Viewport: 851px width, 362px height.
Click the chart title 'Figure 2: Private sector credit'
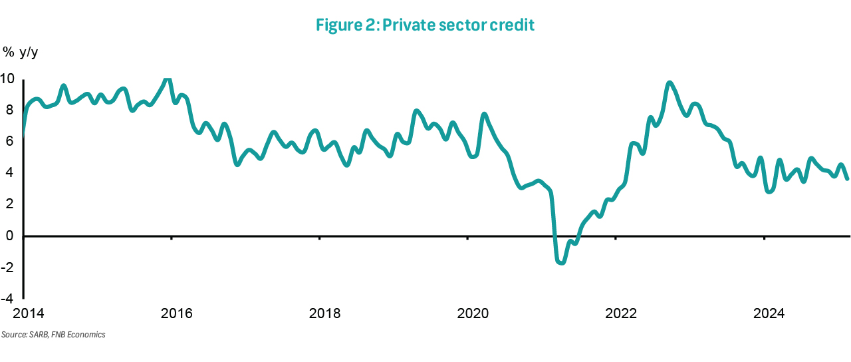point(425,26)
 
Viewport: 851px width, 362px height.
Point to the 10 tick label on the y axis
point(8,79)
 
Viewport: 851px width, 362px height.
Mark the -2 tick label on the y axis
point(9,267)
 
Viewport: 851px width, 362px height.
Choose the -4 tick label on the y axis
point(9,298)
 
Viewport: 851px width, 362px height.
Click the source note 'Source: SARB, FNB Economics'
point(53,335)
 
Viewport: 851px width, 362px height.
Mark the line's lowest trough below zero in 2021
point(562,263)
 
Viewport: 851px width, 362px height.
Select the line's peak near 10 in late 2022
point(669,83)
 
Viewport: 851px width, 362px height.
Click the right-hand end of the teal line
point(847,178)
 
